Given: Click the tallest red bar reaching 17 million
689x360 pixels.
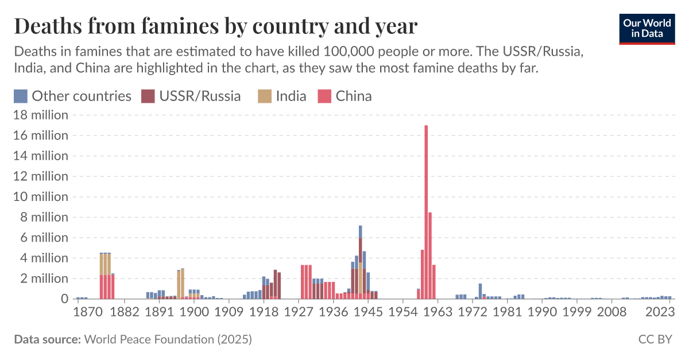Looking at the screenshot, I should [426, 212].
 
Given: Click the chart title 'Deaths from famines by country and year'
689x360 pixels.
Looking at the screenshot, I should [215, 26].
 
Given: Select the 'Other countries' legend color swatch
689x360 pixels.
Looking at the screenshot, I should [21, 96].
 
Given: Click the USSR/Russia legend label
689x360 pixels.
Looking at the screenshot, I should [199, 96].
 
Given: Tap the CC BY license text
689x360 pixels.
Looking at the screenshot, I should [655, 339].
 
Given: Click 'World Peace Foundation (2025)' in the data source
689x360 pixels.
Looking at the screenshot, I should [168, 339].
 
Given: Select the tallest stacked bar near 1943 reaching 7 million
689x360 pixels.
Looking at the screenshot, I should [361, 262].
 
